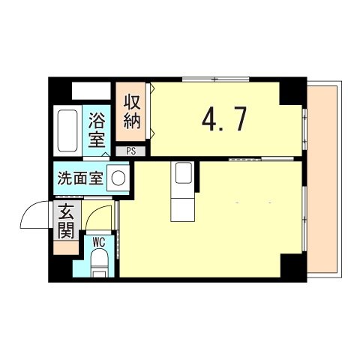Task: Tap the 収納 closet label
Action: click(x=132, y=110)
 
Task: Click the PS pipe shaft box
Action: click(x=131, y=151)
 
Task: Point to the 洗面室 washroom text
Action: click(x=80, y=179)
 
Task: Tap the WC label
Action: click(x=99, y=241)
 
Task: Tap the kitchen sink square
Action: click(x=184, y=174)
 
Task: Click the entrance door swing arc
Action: click(x=36, y=217)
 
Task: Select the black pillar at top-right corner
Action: click(x=292, y=91)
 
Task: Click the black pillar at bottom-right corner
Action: click(x=293, y=267)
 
